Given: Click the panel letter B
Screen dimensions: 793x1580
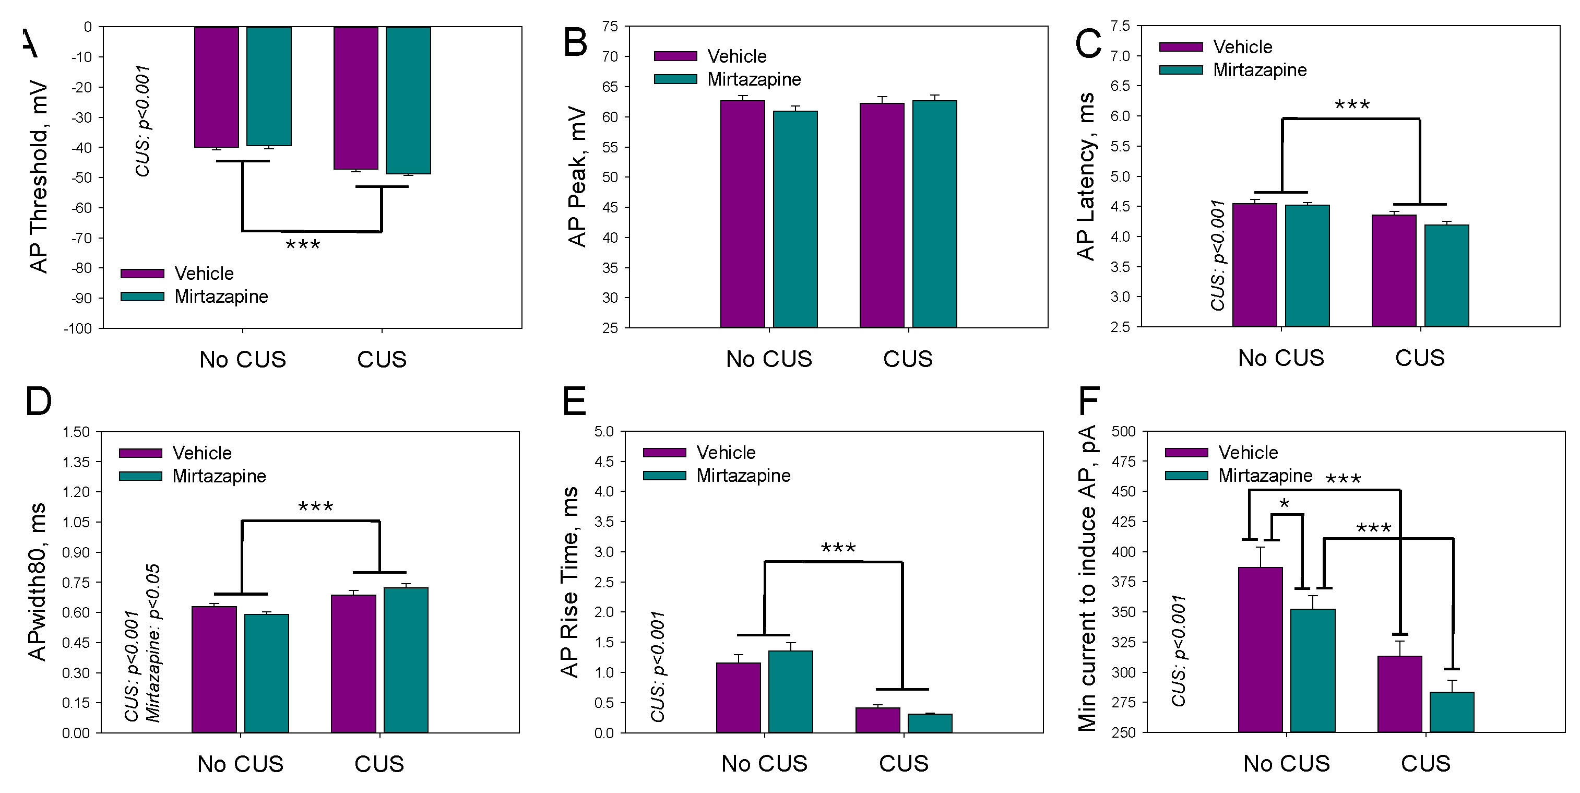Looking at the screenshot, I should pos(575,43).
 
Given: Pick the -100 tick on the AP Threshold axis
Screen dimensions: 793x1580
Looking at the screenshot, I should pos(78,329).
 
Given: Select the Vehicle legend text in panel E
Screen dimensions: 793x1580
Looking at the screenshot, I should pos(726,453).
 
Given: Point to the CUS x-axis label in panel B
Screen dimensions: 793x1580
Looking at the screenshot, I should pos(908,359).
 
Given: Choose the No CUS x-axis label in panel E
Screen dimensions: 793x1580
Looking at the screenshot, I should pos(764,764).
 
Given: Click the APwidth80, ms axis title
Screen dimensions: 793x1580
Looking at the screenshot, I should pos(37,582).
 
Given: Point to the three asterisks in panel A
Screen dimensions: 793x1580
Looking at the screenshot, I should pos(303,245).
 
